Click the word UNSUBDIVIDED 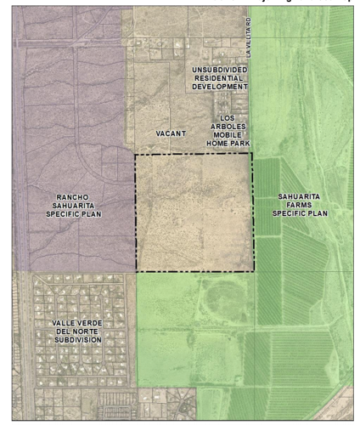point(219,69)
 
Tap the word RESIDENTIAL point(219,77)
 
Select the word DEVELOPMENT point(219,86)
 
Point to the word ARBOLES point(226,126)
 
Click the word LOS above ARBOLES point(226,117)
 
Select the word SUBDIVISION point(71,340)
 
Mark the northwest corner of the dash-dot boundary point(136,156)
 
